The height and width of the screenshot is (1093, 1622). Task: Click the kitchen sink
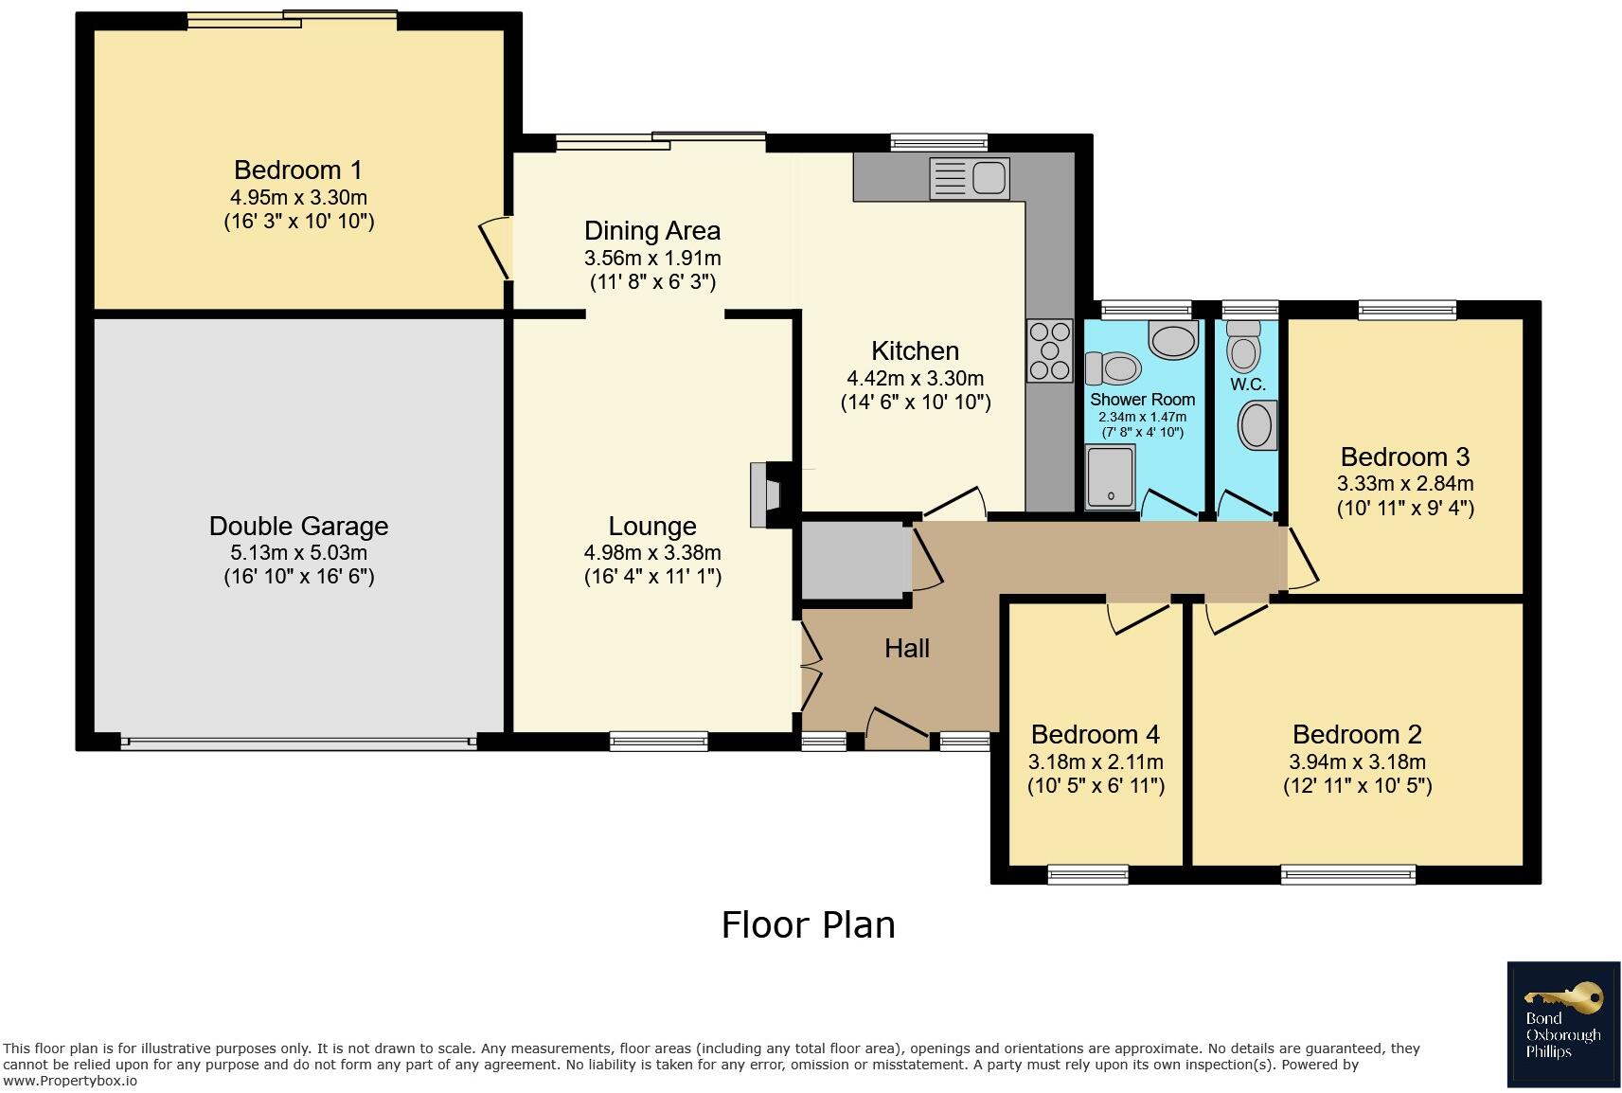click(x=969, y=177)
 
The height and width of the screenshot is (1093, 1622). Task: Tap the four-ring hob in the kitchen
click(x=1049, y=350)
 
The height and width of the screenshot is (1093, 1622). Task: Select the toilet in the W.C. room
click(x=1244, y=346)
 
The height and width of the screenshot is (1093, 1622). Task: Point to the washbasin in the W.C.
click(x=1257, y=426)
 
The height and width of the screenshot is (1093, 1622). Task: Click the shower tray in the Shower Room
click(x=1110, y=476)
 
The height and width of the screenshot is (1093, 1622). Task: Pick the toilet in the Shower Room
click(x=1113, y=367)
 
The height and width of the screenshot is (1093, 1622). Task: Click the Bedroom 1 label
click(x=297, y=170)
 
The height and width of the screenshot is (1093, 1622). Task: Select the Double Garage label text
click(x=298, y=525)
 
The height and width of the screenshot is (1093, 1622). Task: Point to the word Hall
click(x=906, y=648)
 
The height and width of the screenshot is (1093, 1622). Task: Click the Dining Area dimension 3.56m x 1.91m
click(x=652, y=258)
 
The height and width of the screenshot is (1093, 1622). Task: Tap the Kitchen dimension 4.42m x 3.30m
click(x=916, y=378)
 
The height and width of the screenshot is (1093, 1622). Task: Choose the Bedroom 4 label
click(x=1095, y=734)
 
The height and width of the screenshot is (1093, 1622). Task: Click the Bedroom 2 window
click(x=1348, y=875)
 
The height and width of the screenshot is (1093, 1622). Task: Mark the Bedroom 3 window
click(x=1407, y=310)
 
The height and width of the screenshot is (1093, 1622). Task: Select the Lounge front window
click(x=658, y=741)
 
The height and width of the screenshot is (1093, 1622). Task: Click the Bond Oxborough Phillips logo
click(x=1563, y=1024)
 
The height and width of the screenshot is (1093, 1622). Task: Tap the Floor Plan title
click(x=808, y=925)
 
